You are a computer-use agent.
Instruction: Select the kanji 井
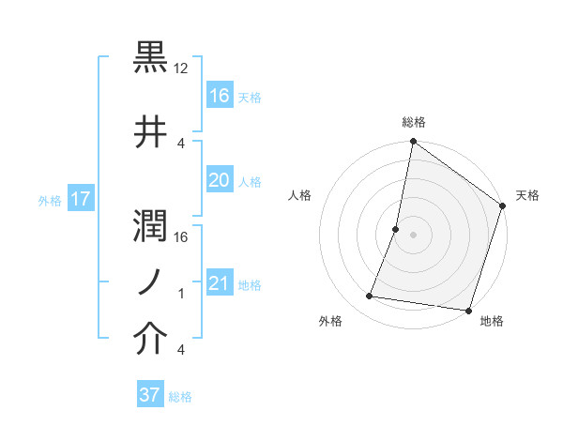coord(151,131)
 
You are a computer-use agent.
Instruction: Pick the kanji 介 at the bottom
coord(151,341)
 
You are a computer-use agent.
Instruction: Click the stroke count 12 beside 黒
coord(182,68)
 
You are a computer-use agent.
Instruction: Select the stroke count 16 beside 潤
coord(182,237)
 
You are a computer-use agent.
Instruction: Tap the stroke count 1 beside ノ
coord(182,294)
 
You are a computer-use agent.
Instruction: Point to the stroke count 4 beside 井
coord(181,143)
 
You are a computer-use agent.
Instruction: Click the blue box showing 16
coord(219,96)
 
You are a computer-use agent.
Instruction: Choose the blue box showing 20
coord(219,180)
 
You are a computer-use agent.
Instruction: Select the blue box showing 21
coord(219,283)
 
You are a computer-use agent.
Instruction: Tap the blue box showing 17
coord(80,199)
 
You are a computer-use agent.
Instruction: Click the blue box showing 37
coord(150,395)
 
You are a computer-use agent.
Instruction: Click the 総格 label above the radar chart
coord(413,122)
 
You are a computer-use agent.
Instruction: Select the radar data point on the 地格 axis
coord(467,311)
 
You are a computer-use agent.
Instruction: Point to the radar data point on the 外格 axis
coord(370,297)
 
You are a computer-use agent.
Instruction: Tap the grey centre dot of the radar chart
coord(413,235)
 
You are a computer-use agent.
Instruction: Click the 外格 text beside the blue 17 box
coord(50,200)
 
